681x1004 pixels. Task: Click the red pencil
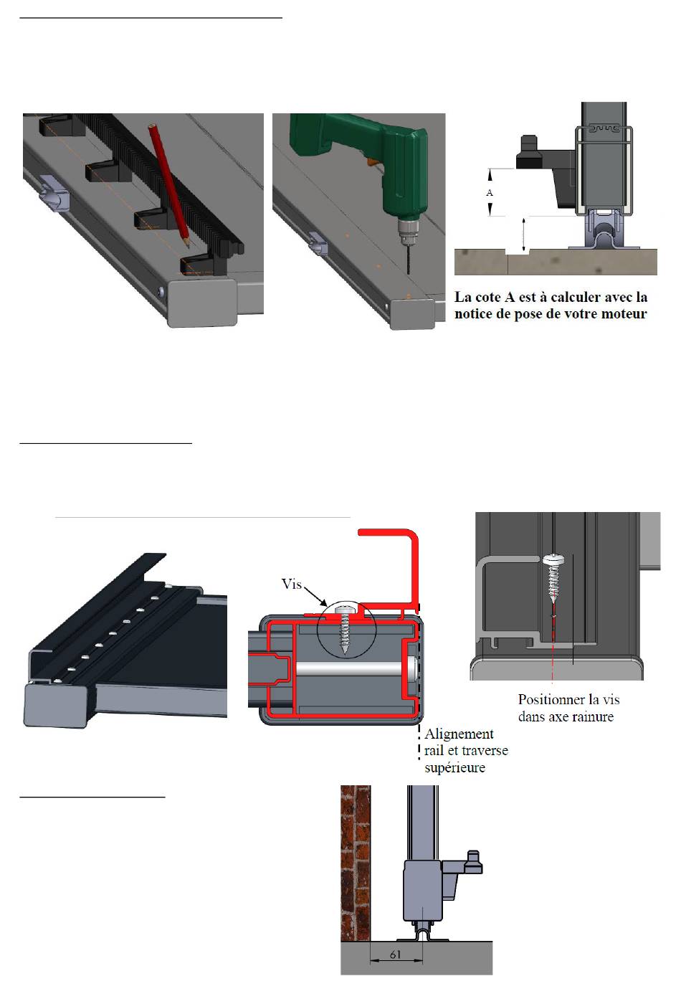coord(169,186)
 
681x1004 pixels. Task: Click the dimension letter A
coord(489,193)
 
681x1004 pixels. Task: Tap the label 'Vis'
coord(291,584)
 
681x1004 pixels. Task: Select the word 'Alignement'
coord(459,734)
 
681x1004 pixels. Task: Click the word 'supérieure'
coord(454,767)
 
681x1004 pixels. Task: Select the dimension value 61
coord(395,955)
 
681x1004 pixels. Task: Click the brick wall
coord(356,863)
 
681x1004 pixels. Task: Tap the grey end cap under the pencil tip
coord(202,302)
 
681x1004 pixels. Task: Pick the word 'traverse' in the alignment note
coord(486,751)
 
